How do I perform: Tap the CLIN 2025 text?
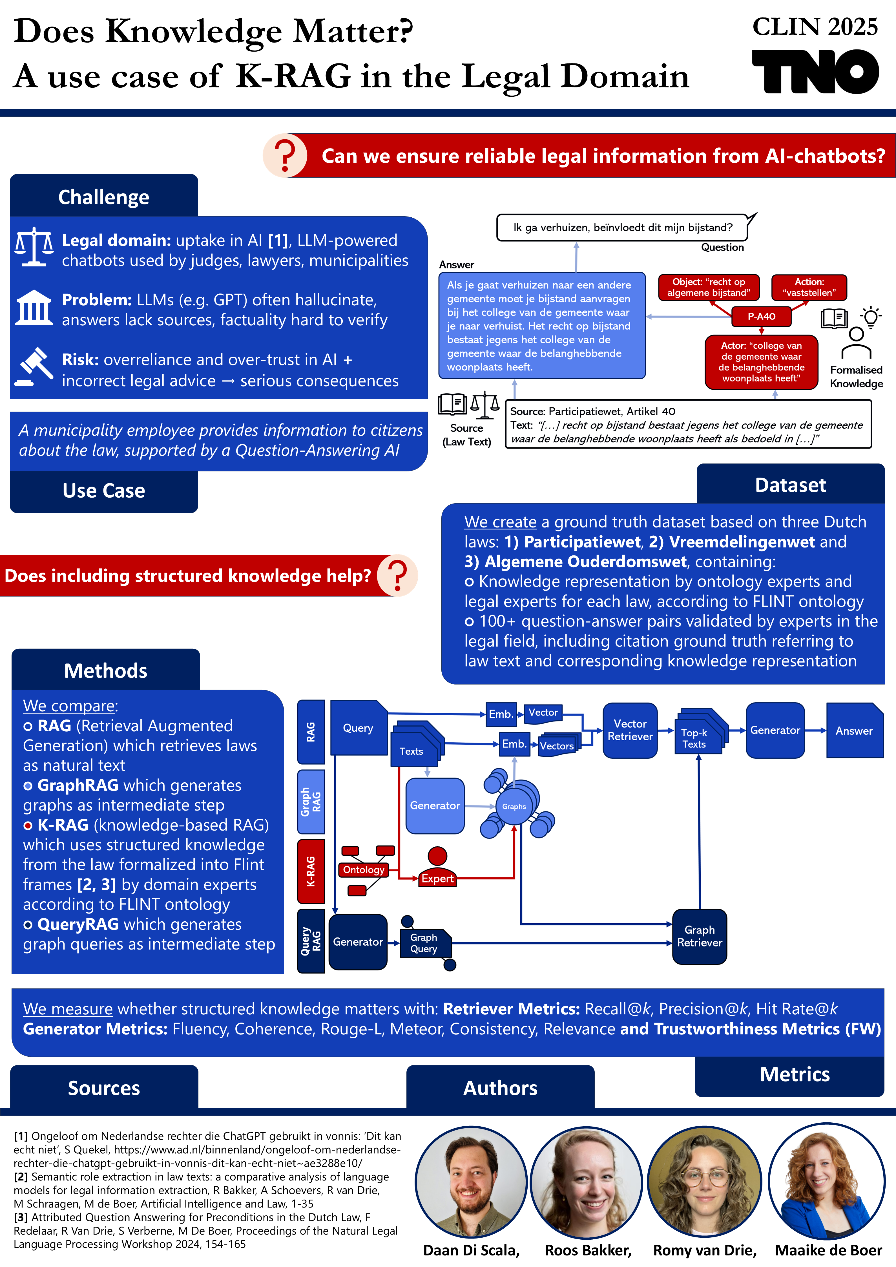(815, 27)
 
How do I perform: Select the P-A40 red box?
(761, 316)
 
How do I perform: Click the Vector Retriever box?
(630, 730)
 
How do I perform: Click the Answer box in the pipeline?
(854, 730)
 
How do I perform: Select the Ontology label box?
(364, 870)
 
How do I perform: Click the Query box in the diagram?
(358, 728)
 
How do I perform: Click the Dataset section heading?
(790, 485)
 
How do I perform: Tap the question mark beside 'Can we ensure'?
(285, 156)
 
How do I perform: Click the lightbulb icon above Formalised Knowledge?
(871, 317)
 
